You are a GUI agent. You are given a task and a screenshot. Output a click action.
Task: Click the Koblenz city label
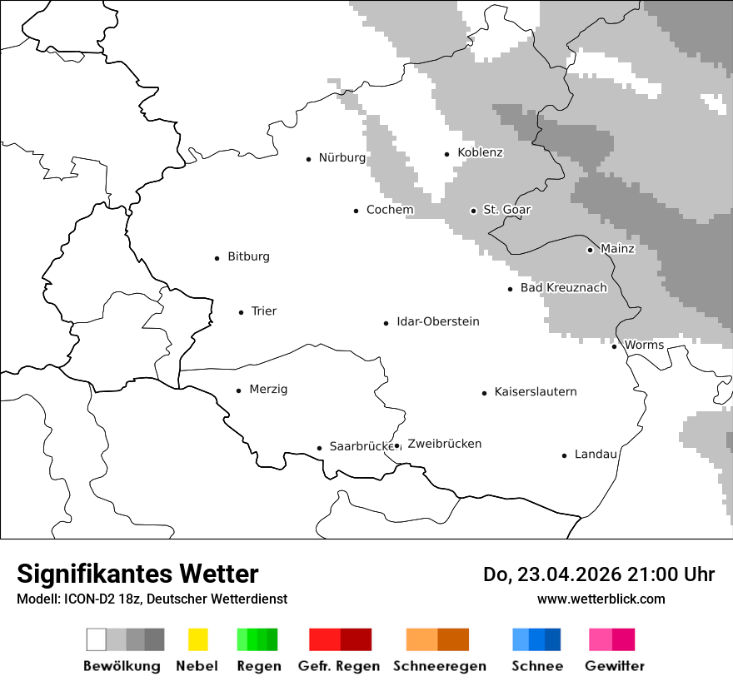(x=480, y=152)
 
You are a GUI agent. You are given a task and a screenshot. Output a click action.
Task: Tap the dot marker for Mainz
(x=590, y=250)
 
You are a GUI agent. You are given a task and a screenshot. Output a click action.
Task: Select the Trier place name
(x=263, y=311)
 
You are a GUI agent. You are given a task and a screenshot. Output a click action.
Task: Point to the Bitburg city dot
(x=217, y=258)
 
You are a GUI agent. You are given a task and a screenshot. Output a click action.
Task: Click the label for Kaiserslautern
(x=535, y=392)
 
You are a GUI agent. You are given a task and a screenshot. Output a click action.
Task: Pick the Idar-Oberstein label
(x=437, y=322)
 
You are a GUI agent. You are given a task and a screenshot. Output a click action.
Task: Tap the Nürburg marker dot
(x=308, y=159)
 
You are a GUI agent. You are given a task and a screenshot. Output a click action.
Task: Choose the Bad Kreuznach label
(x=563, y=288)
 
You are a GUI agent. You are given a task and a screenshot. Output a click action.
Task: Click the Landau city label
(x=596, y=455)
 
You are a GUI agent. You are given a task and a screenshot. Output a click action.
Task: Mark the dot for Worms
(x=615, y=346)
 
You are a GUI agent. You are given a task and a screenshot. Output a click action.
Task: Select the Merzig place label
(x=268, y=390)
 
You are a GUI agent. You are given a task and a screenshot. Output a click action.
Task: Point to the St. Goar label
(x=506, y=210)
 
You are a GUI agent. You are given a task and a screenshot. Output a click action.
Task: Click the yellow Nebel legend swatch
(x=197, y=639)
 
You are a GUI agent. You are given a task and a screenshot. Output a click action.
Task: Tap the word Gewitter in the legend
(x=614, y=666)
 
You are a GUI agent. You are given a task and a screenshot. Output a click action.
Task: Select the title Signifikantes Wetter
(x=137, y=574)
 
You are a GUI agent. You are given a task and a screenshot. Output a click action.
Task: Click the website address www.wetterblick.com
(x=601, y=599)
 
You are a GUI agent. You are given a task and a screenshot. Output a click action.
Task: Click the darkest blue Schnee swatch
(x=552, y=639)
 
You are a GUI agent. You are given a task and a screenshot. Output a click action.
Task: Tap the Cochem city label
(x=390, y=210)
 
